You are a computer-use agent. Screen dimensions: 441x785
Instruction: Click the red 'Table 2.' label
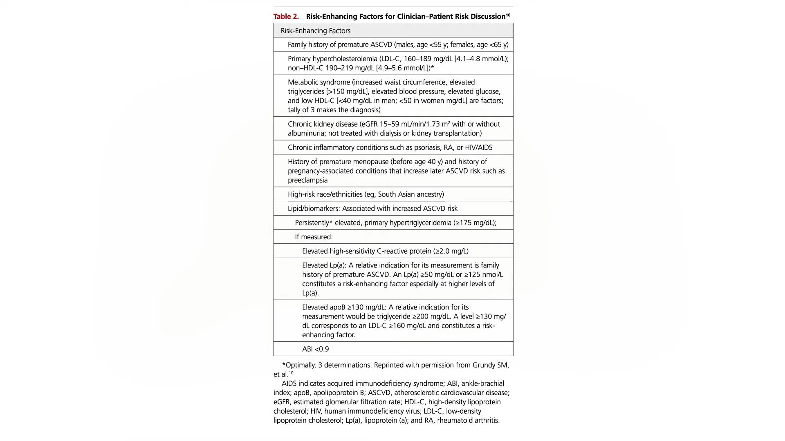[286, 16]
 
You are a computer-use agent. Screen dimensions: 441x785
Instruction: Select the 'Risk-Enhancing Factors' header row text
[315, 31]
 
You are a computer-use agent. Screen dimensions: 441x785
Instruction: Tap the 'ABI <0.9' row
[315, 349]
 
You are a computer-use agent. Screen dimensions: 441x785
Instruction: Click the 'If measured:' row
[314, 237]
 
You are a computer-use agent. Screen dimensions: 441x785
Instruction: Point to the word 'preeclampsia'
[307, 180]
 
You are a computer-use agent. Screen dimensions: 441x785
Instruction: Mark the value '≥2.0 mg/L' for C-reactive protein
[451, 251]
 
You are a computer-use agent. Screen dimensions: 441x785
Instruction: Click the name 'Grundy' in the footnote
[484, 365]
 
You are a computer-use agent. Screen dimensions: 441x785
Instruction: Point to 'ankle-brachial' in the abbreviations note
[482, 383]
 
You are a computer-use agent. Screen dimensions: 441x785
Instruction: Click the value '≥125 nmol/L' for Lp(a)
[483, 275]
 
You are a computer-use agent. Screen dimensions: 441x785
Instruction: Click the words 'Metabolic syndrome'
[319, 82]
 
